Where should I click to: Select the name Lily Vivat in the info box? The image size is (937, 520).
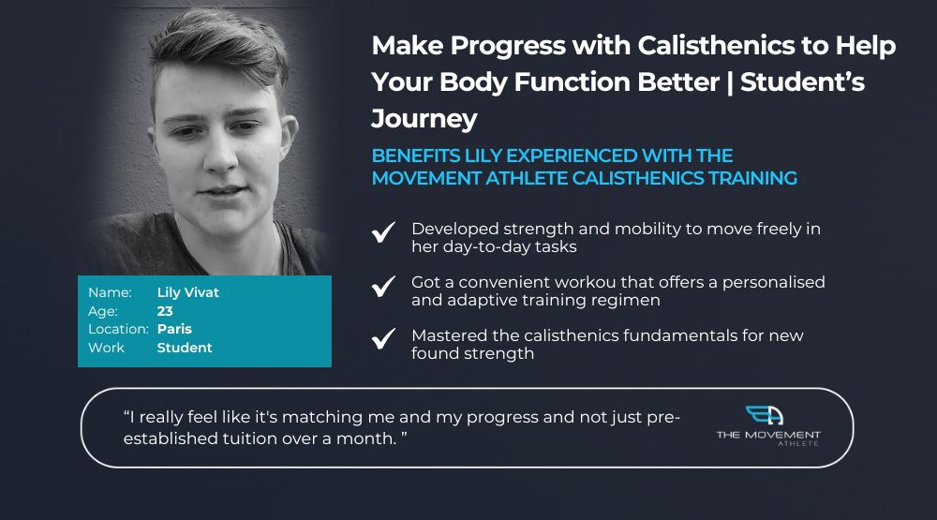point(188,292)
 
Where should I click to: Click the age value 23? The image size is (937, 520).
point(165,311)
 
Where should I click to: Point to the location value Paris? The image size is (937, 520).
point(174,329)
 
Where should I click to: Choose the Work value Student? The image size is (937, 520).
point(185,348)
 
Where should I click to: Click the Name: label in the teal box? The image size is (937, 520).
point(110,292)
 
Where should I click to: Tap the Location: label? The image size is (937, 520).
point(118,329)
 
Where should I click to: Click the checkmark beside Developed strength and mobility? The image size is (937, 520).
point(383,232)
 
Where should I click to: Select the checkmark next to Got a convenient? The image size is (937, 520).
point(383,286)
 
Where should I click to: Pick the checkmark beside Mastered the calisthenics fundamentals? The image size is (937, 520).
point(383,338)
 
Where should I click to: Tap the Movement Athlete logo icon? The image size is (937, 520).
point(765,415)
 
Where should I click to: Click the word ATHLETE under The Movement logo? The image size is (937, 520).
point(798,443)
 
